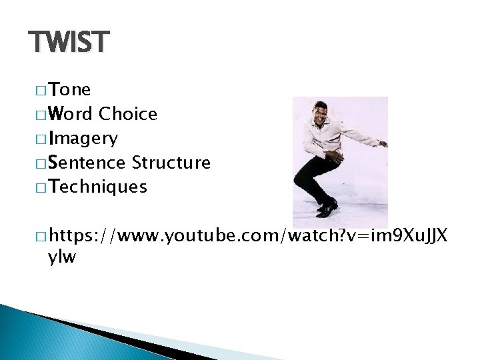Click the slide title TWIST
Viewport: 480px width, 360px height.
pos(68,43)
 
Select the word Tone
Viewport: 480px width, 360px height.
pos(70,90)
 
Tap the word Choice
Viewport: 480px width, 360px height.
pos(128,115)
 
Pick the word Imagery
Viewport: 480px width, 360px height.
pos(83,139)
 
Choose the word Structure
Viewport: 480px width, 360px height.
pos(171,163)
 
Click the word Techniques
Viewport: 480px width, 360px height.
pos(97,187)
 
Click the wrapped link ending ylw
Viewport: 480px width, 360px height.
pos(62,258)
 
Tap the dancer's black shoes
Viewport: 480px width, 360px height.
pos(327,209)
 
